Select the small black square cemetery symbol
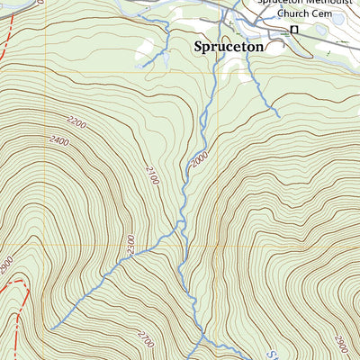pyautogui.click(x=293, y=31)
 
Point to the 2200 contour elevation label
pyautogui.click(x=77, y=121)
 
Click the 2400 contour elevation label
pyautogui.click(x=60, y=140)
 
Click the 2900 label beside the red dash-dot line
pyautogui.click(x=7, y=267)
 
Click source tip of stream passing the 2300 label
pyautogui.click(x=50, y=328)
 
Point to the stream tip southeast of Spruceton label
pyautogui.click(x=277, y=116)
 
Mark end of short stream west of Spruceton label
pyautogui.click(x=142, y=66)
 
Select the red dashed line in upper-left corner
pyautogui.click(x=7, y=36)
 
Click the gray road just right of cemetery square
pyautogui.click(x=306, y=31)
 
